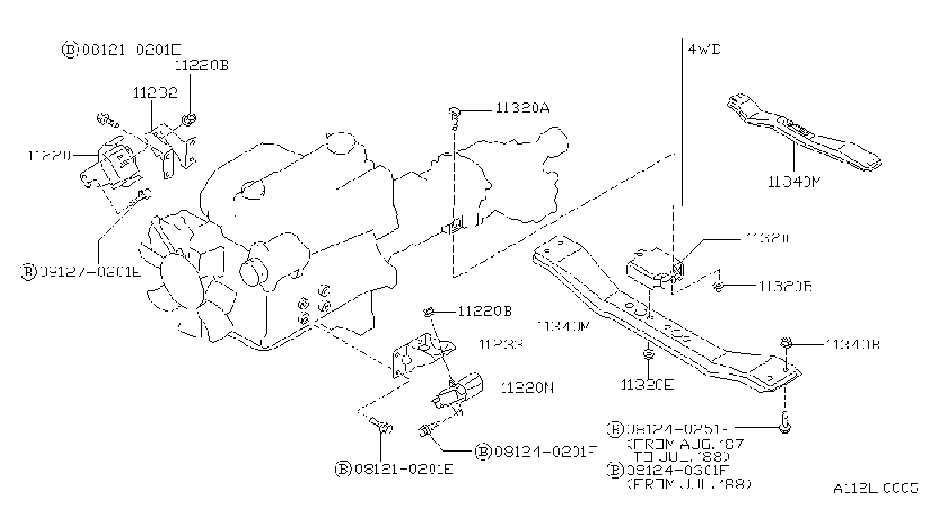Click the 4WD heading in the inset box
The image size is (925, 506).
pos(704,50)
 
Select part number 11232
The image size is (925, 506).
pos(155,93)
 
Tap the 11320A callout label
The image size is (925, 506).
pos(522,108)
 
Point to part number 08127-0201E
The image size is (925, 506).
pos(91,273)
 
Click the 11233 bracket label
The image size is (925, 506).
pos(501,345)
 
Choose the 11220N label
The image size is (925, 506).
pos(528,388)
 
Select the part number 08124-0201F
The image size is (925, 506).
pos(546,452)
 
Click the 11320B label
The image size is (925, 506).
pos(786,286)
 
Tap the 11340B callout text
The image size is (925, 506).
pos(852,345)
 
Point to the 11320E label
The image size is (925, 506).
pos(647,385)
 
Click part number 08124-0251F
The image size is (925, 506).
pos(678,430)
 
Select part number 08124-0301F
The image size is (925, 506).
pos(677,470)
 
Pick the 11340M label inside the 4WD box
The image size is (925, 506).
pos(795,181)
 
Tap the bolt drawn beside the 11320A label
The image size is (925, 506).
pos(455,117)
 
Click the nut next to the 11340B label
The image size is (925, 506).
pos(787,343)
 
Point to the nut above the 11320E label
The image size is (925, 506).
pos(648,355)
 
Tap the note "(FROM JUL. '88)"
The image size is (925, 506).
pos(689,484)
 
